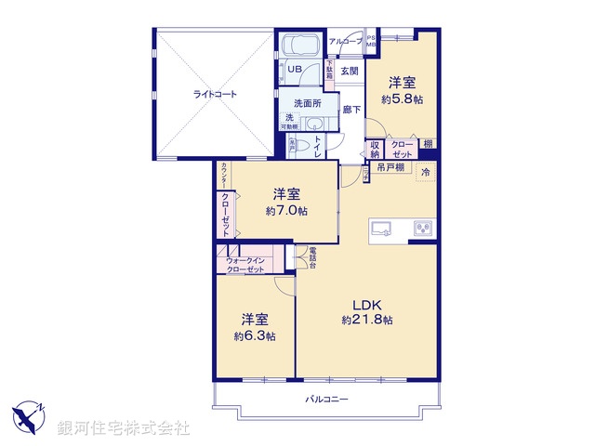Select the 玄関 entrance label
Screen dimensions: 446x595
(349, 71)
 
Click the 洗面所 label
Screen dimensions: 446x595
(308, 104)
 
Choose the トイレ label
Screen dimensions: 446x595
(318, 148)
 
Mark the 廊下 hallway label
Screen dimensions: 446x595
(352, 109)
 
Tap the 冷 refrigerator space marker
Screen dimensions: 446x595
(426, 173)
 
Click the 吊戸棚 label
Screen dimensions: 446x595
(390, 168)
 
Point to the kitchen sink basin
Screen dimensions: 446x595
(384, 228)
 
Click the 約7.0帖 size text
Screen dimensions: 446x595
(285, 211)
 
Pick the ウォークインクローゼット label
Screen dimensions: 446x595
(244, 265)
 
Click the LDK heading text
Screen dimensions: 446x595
(366, 304)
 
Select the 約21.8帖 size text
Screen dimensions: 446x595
(366, 321)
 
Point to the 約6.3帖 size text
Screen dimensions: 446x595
(254, 336)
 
